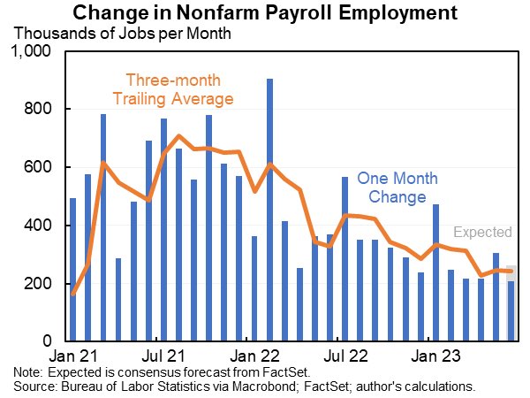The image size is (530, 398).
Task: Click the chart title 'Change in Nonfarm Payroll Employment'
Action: coord(265,13)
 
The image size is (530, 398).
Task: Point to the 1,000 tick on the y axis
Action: coord(34,52)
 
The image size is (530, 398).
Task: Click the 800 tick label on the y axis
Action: coord(41,110)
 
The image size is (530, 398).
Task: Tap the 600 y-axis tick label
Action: coord(41,168)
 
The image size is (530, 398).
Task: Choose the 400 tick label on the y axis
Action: coord(41,226)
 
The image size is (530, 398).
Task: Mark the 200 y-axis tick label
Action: coord(41,284)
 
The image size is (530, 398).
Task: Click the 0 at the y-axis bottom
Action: coord(50,341)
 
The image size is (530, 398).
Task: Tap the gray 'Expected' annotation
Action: coord(482,233)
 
